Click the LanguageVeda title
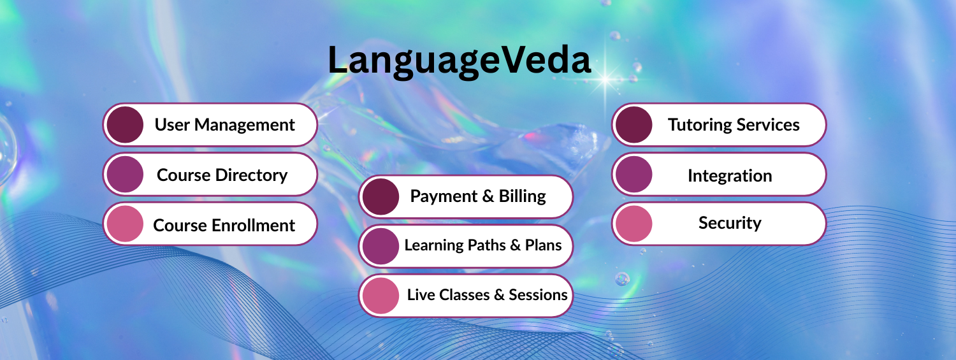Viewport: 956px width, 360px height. tap(460, 62)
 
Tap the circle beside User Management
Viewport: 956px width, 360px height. tap(125, 124)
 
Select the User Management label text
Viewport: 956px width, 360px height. tap(224, 125)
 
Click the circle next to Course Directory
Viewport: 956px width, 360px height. tap(125, 175)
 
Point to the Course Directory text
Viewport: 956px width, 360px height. tap(222, 175)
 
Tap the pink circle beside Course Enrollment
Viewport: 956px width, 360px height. tap(125, 224)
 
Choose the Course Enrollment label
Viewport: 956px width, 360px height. tap(224, 225)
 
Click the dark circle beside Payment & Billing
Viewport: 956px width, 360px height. tap(380, 197)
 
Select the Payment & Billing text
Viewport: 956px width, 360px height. tap(478, 196)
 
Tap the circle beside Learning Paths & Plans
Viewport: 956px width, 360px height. tap(380, 246)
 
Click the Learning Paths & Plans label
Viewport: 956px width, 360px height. tap(482, 245)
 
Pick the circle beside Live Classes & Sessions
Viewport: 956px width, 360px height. tap(380, 296)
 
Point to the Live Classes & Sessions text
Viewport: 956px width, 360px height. tap(487, 295)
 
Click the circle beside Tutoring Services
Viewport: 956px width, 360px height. tap(634, 124)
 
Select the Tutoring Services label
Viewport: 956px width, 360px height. tap(734, 125)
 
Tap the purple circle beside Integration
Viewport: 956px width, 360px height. tap(634, 175)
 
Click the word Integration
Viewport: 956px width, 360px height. tap(730, 176)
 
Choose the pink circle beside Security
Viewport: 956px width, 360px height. tap(634, 224)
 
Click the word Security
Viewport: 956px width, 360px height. tap(730, 223)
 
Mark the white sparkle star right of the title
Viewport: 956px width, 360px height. tap(605, 80)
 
